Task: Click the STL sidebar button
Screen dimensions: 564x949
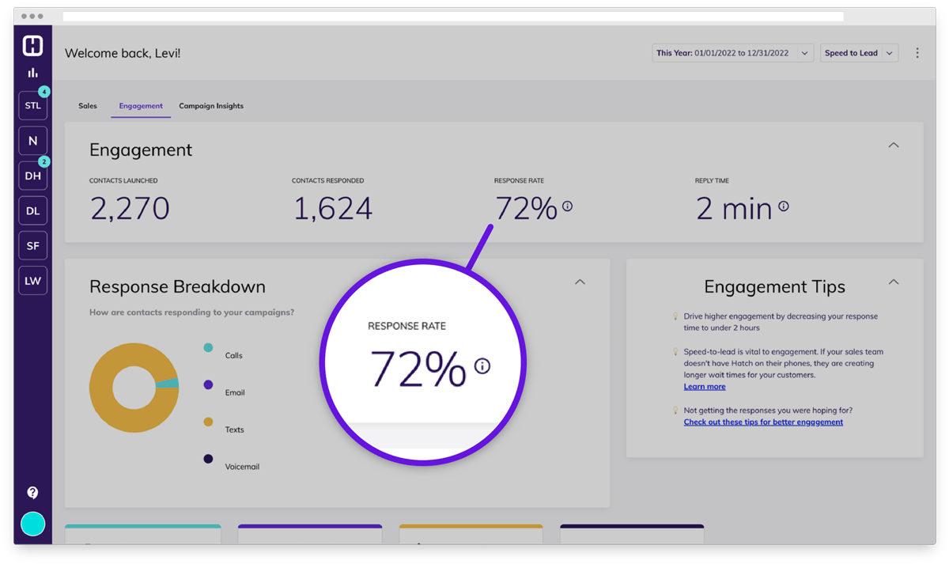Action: coord(32,105)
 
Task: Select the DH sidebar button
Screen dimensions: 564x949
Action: coord(32,176)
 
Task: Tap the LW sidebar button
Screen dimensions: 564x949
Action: coord(32,281)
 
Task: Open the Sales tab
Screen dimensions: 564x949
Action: coord(88,106)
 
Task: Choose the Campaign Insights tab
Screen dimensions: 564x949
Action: coord(211,106)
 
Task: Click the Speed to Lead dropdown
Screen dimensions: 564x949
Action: coord(859,53)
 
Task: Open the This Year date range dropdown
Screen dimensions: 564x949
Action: coord(732,53)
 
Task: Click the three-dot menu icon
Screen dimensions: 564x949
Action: coord(917,53)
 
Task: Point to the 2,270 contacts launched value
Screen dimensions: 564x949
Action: coord(130,209)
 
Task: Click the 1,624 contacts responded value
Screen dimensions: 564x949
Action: coord(332,209)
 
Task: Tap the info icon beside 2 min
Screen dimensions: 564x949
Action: coord(784,206)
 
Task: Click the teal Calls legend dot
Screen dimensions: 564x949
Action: coord(208,347)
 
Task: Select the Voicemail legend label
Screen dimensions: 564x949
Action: coord(242,467)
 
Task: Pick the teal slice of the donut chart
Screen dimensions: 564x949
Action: coord(168,384)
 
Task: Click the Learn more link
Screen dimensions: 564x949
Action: coord(705,387)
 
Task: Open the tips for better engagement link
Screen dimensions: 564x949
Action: coord(763,422)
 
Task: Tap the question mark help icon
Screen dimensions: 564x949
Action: coord(32,493)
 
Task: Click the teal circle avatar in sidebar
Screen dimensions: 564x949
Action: coord(32,524)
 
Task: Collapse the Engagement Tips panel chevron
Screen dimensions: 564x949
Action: coord(894,282)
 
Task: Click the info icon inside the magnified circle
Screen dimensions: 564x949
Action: coord(482,366)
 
